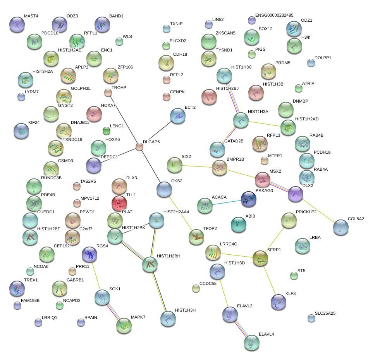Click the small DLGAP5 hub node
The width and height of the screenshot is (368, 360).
coord(139,146)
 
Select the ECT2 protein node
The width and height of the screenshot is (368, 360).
coord(177,116)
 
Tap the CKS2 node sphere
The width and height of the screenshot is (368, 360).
coord(164,189)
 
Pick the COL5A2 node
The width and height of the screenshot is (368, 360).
coord(340,227)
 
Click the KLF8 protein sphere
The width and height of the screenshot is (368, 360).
coord(278,302)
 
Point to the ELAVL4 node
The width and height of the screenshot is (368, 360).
coord(252,342)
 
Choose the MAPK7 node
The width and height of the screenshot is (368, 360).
coord(124,326)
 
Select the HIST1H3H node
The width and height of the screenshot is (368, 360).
coord(168,318)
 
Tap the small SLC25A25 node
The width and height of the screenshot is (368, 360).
coord(311,318)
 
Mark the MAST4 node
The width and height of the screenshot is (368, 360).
coord(17,24)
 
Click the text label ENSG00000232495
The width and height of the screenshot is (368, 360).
coord(274,15)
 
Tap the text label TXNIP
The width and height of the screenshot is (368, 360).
coord(176,24)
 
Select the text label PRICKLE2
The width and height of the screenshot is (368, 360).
coord(306,212)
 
